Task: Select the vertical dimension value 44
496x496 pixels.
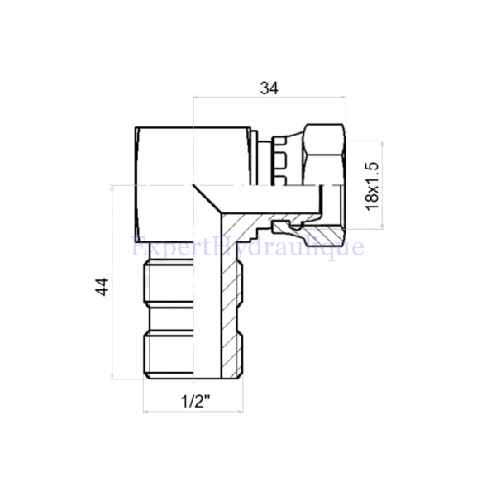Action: point(102,287)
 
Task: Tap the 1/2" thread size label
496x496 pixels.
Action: point(195,403)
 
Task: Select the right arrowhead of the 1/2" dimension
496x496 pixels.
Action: point(244,412)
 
